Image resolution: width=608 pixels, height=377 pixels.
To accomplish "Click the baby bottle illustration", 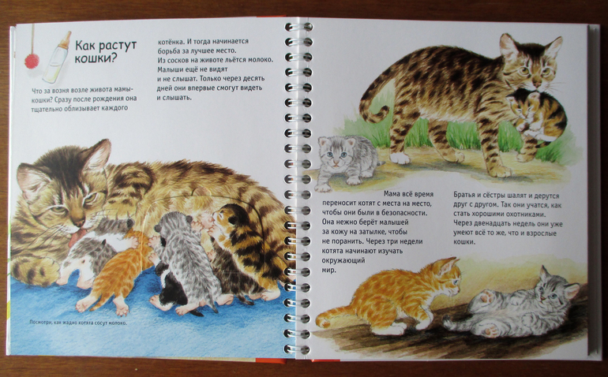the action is pyautogui.click(x=57, y=58).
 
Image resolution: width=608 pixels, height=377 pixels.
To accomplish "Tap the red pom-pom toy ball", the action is pyautogui.click(x=32, y=61).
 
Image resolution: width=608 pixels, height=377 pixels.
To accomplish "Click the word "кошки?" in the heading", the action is pyautogui.click(x=96, y=58).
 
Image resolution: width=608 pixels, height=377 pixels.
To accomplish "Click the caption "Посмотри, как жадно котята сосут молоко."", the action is pyautogui.click(x=78, y=323).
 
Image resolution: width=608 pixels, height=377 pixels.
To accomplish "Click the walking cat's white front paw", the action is pyautogui.click(x=400, y=158).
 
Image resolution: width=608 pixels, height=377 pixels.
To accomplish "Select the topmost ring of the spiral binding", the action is pyautogui.click(x=298, y=27).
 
